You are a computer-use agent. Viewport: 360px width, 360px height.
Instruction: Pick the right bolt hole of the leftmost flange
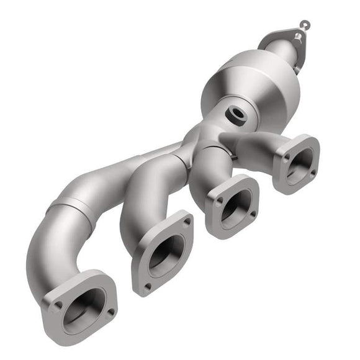pyautogui.click(x=110, y=312)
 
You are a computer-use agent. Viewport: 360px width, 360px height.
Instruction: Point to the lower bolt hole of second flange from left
pyautogui.click(x=147, y=286)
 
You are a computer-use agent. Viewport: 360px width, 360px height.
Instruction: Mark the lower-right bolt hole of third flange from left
pyautogui.click(x=252, y=214)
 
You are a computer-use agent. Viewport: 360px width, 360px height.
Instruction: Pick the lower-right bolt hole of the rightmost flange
pyautogui.click(x=312, y=172)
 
